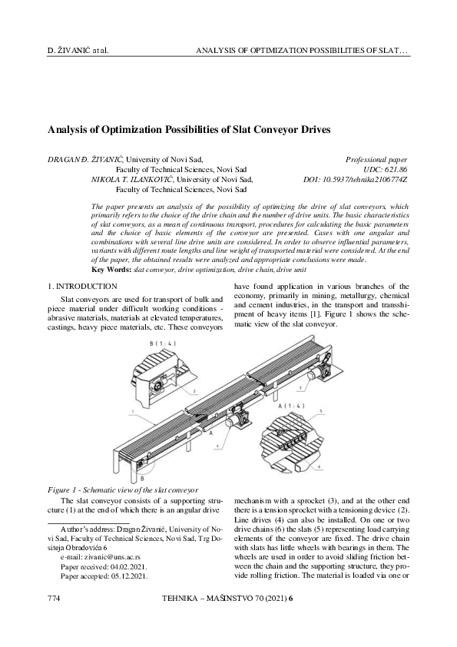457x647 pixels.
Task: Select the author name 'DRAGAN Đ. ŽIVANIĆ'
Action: [84, 158]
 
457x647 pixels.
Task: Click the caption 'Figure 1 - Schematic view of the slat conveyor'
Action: [122, 489]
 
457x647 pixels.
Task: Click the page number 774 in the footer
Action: [54, 619]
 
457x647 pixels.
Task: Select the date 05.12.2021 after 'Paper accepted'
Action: [126, 574]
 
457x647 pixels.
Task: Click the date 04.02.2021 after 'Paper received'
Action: [126, 562]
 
